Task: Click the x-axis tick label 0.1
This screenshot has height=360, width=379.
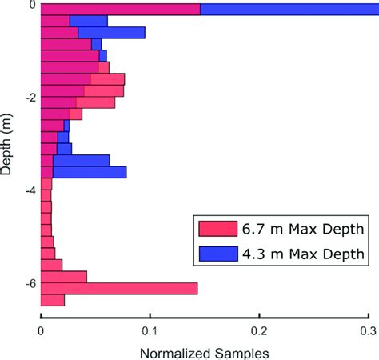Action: pyautogui.click(x=150, y=331)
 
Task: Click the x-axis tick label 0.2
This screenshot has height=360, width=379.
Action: pyautogui.click(x=259, y=331)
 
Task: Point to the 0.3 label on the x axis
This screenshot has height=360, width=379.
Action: pyautogui.click(x=369, y=331)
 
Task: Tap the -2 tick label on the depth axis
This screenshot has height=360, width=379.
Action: pyautogui.click(x=31, y=98)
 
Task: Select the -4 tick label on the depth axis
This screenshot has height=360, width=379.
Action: pyautogui.click(x=31, y=190)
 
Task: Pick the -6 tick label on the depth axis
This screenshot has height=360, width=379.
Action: pyautogui.click(x=31, y=284)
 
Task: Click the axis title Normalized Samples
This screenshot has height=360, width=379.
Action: pyautogui.click(x=205, y=354)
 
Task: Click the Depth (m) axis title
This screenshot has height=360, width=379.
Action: pyautogui.click(x=6, y=144)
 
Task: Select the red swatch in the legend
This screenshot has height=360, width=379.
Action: pyautogui.click(x=218, y=229)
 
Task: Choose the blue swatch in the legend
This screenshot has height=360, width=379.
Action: pyautogui.click(x=218, y=254)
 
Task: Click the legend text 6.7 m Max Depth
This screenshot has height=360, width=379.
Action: pyautogui.click(x=303, y=229)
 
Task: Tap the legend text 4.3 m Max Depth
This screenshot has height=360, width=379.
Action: pyautogui.click(x=303, y=254)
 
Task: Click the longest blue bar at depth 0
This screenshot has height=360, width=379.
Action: pyautogui.click(x=289, y=10)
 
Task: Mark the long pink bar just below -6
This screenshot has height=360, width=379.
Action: pyautogui.click(x=119, y=289)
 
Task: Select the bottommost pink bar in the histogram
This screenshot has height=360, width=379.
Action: pyautogui.click(x=53, y=300)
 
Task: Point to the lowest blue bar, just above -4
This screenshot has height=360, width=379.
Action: pyautogui.click(x=90, y=172)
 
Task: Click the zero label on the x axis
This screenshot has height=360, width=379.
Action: pyautogui.click(x=41, y=331)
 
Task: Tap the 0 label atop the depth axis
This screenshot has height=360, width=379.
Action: pyautogui.click(x=32, y=5)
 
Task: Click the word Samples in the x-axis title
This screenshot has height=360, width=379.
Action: pyautogui.click(x=242, y=354)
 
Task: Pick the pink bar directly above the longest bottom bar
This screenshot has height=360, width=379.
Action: pyautogui.click(x=64, y=277)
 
